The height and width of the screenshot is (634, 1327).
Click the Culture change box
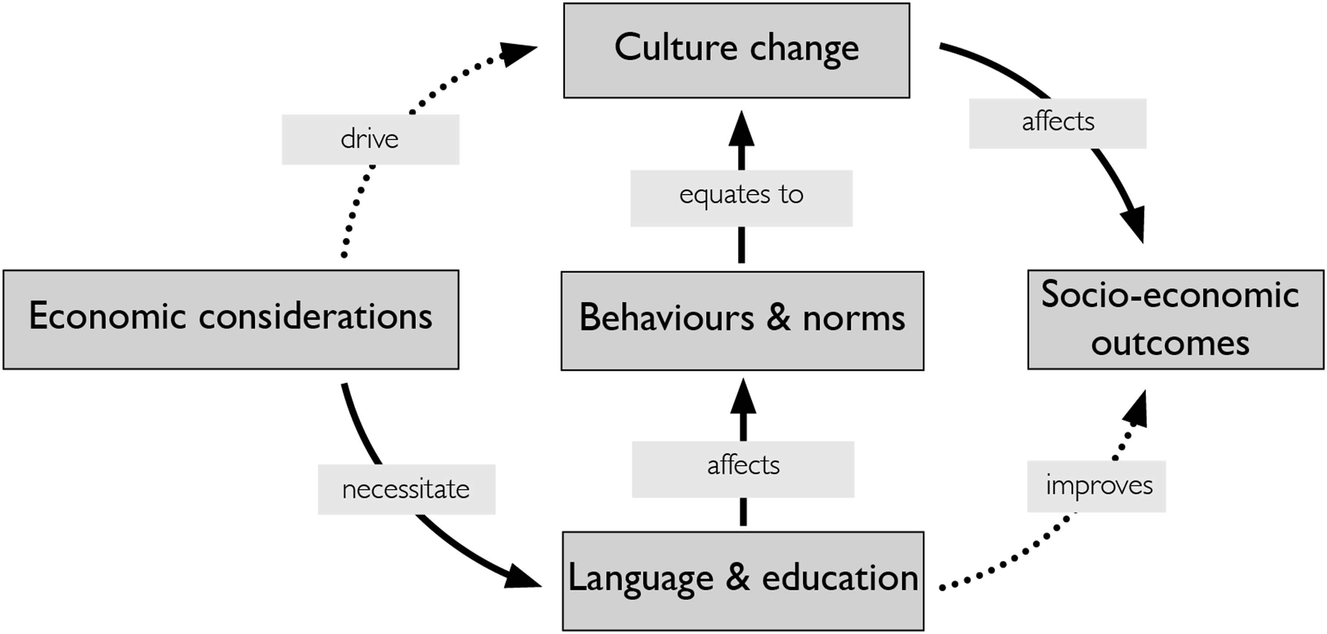[x=737, y=51]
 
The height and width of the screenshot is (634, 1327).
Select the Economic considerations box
[x=231, y=320]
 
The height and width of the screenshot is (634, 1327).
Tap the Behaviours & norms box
[x=742, y=320]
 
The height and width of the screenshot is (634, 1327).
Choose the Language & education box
[x=743, y=580]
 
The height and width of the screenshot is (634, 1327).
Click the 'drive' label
[x=370, y=140]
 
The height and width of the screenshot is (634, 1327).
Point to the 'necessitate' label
[x=406, y=489]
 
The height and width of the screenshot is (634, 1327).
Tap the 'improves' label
[x=1096, y=486]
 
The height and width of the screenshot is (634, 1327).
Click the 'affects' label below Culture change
[x=1057, y=123]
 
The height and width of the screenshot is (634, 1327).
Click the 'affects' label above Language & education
[x=743, y=469]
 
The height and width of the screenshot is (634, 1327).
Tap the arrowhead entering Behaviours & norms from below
[x=743, y=397]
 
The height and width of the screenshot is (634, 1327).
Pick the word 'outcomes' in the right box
[x=1170, y=343]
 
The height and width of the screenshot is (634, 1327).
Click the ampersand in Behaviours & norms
[x=778, y=317]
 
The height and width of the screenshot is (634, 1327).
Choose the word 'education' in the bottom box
[x=840, y=578]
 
